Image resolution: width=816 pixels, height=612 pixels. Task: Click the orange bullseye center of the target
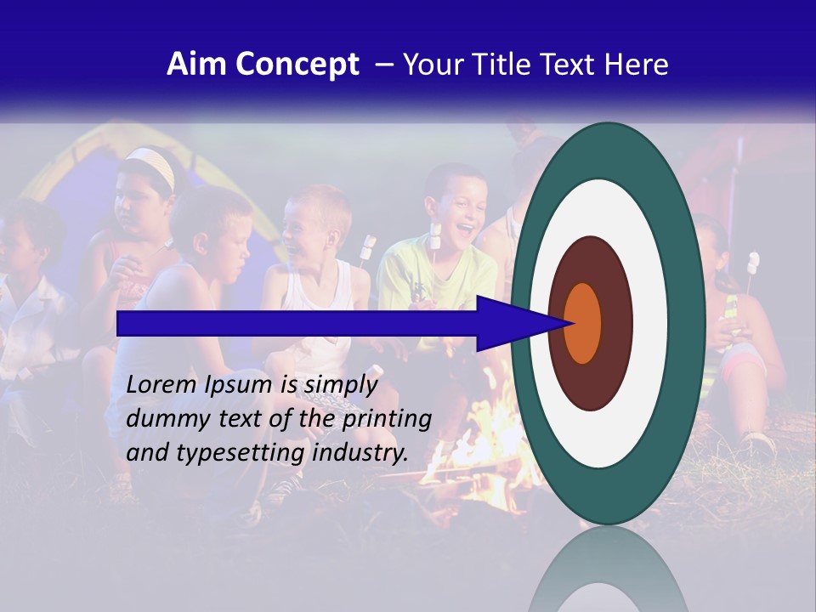click(x=582, y=323)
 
